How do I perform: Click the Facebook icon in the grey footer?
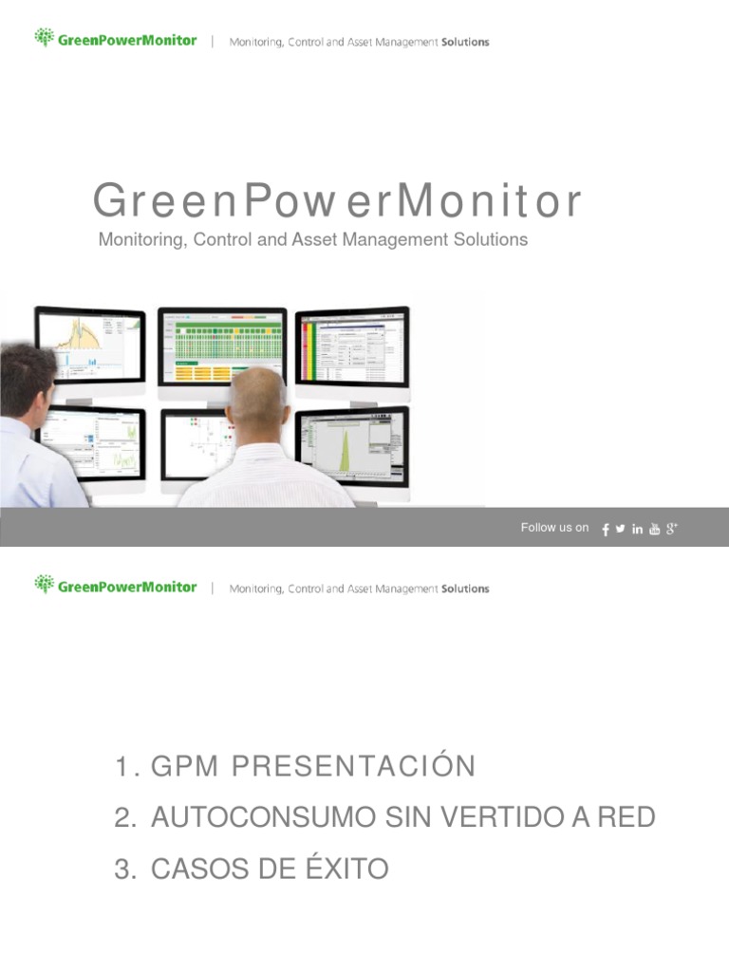[x=606, y=530]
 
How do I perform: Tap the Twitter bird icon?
[x=621, y=529]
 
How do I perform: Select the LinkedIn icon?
[x=638, y=529]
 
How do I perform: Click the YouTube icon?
[x=654, y=529]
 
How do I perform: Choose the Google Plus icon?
[x=671, y=528]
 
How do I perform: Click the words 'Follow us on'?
[x=554, y=528]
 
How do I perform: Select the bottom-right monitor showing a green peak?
[x=353, y=445]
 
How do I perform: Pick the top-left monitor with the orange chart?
[x=91, y=342]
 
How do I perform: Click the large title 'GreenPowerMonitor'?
[x=337, y=202]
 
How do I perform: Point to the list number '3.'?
[x=125, y=869]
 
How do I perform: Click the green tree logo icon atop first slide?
[x=44, y=38]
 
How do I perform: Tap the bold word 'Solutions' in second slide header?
[x=465, y=589]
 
